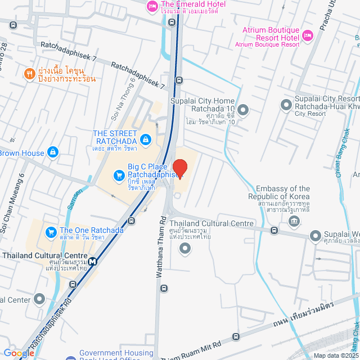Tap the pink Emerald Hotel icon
click(152, 6)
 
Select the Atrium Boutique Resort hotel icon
click(307, 35)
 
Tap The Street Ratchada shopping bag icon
click(145, 138)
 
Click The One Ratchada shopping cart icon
click(51, 231)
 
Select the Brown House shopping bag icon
click(53, 152)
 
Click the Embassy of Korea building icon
click(294, 220)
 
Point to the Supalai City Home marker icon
click(243, 110)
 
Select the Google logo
click(19, 353)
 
